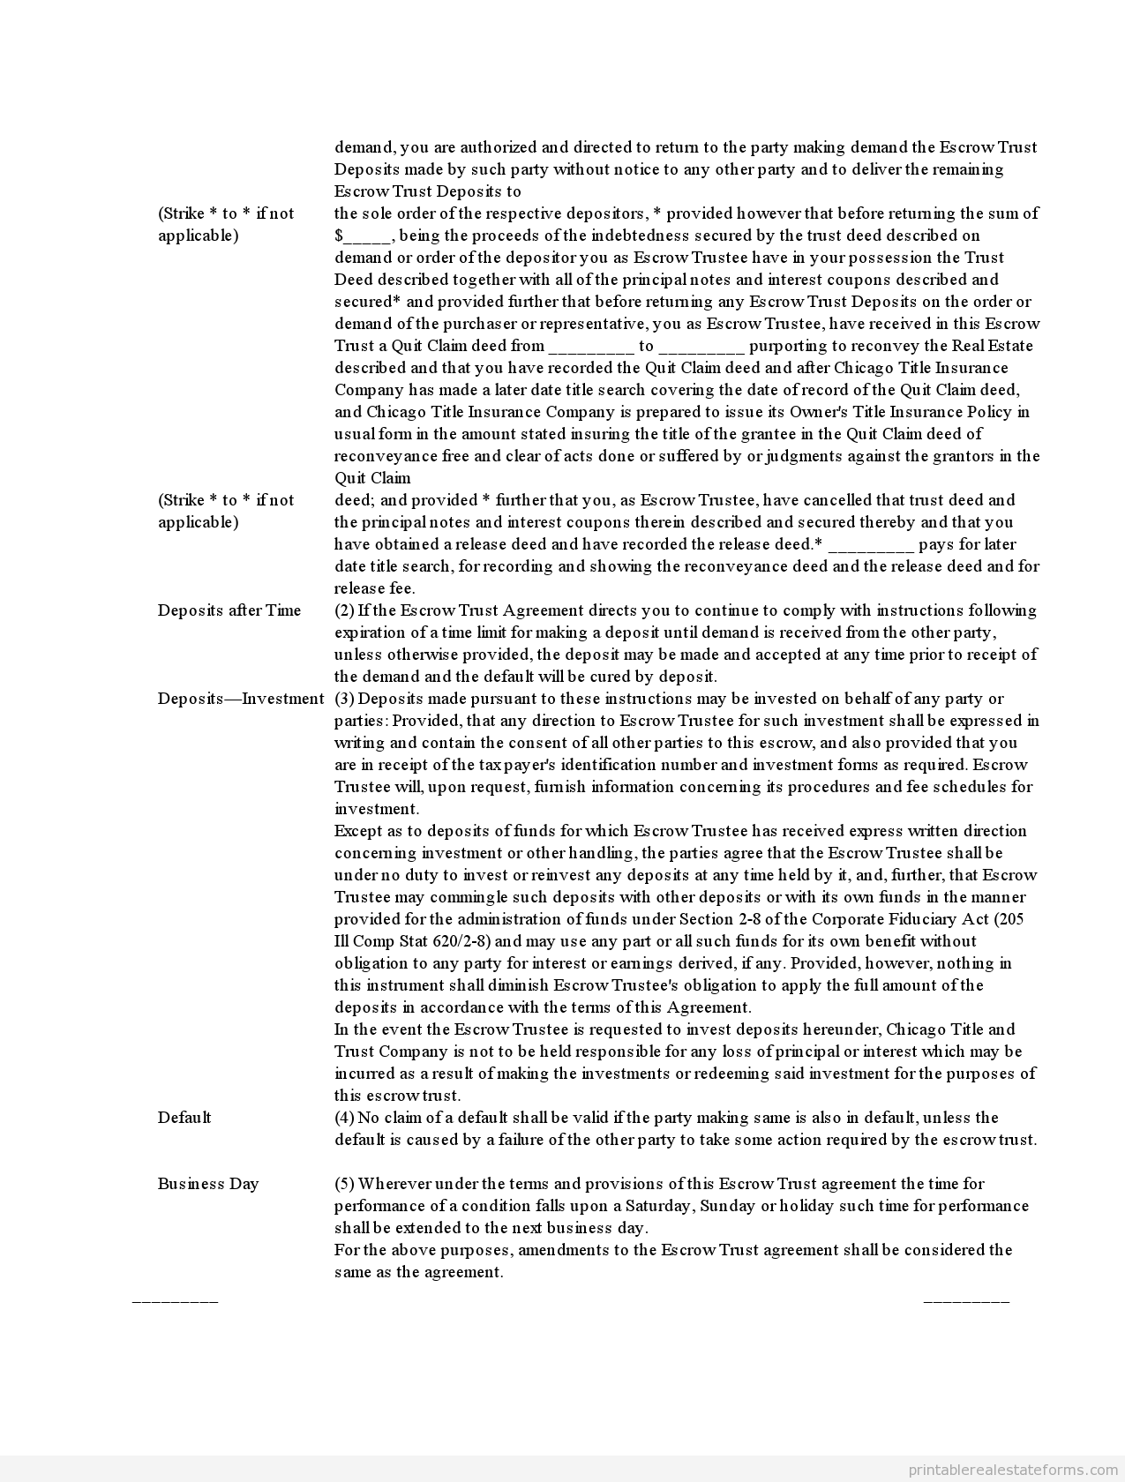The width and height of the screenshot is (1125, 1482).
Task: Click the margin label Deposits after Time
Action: pos(229,610)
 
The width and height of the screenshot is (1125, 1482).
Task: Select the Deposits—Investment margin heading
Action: pos(241,699)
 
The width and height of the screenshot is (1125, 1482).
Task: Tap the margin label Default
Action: pos(184,1118)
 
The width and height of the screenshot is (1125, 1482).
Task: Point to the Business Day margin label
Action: pos(208,1184)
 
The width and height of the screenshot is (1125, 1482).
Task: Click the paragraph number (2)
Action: pos(344,610)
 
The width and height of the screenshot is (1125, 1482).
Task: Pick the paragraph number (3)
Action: pos(344,699)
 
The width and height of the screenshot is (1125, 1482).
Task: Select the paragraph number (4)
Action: pos(344,1118)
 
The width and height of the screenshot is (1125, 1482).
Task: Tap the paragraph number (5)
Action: pos(344,1184)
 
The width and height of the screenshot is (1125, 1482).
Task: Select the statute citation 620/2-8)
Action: pos(463,941)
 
